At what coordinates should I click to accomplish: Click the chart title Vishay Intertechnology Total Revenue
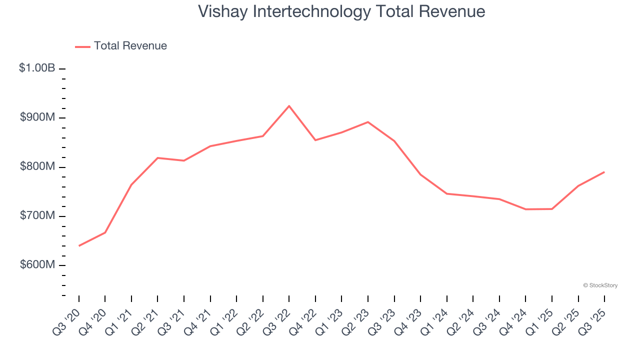click(x=341, y=11)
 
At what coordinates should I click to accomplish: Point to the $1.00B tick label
click(x=37, y=68)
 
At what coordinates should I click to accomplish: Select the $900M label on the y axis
click(x=37, y=117)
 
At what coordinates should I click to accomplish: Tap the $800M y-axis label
click(x=37, y=166)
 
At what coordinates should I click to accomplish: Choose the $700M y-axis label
click(x=37, y=215)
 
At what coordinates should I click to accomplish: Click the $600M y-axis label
click(x=37, y=264)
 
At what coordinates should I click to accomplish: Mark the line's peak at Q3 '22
click(x=289, y=106)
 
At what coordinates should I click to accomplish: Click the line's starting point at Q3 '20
click(x=79, y=245)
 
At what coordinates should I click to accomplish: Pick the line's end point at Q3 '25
click(x=604, y=172)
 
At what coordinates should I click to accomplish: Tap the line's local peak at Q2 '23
click(x=368, y=122)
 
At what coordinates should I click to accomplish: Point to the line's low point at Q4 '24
click(x=525, y=209)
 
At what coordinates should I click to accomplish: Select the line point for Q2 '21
click(x=157, y=158)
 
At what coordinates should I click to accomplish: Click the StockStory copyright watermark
click(x=600, y=285)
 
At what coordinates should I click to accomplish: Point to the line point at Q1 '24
click(x=446, y=193)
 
